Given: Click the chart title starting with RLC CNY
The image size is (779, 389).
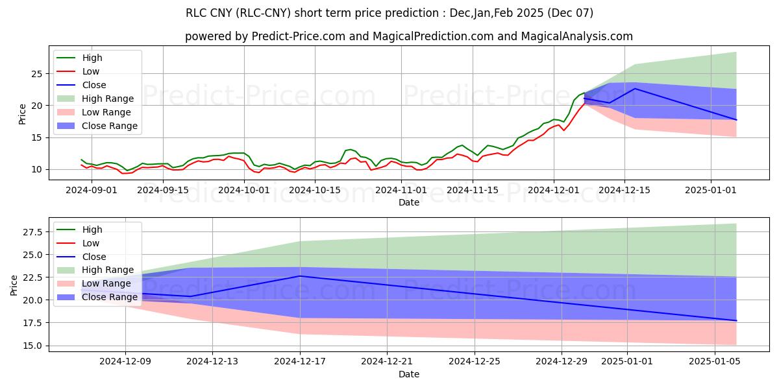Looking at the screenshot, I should [x=389, y=13].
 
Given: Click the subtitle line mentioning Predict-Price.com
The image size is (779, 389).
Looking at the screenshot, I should [x=409, y=36].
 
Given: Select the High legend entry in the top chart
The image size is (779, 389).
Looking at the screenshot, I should [x=92, y=58].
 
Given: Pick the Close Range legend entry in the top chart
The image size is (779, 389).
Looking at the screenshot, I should [x=110, y=126].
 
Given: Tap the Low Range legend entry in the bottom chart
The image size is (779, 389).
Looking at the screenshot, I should [x=108, y=283].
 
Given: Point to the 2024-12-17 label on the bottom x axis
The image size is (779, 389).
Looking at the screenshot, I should [x=300, y=362].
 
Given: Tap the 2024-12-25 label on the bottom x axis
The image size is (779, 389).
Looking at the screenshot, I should [x=474, y=362].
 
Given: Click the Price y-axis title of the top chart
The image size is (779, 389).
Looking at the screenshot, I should [x=23, y=113].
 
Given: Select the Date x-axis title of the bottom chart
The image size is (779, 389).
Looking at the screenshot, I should [x=409, y=374].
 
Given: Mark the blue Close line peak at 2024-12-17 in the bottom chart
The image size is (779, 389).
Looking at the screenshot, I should [x=300, y=276].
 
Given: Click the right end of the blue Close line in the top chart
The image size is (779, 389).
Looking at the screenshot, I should [x=736, y=120].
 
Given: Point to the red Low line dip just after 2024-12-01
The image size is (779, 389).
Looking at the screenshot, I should [x=563, y=130].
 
